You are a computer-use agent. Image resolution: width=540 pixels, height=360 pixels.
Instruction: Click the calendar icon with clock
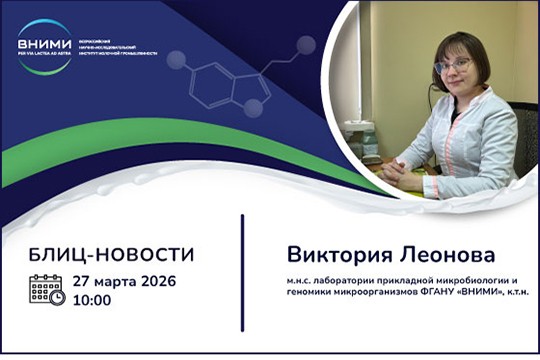(x=47, y=290)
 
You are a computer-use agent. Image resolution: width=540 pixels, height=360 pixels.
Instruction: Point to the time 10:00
(x=92, y=299)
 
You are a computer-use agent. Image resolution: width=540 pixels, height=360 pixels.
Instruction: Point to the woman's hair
(x=452, y=40)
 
